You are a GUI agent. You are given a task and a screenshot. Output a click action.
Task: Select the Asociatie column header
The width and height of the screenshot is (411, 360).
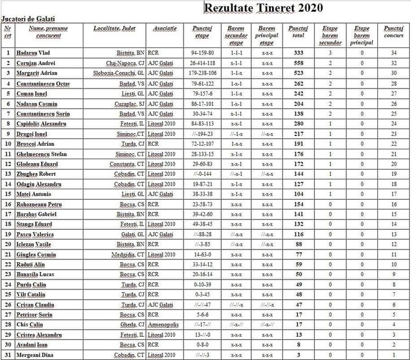pyautogui.click(x=165, y=28)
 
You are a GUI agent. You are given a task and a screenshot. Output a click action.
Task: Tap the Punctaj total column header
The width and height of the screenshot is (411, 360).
pyautogui.click(x=298, y=31)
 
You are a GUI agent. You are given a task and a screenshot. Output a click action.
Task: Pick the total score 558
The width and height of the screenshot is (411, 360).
pyautogui.click(x=298, y=63)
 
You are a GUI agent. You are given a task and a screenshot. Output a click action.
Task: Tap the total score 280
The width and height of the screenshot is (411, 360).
pyautogui.click(x=298, y=123)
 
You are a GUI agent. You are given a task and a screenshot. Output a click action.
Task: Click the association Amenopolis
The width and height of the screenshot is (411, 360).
pyautogui.click(x=165, y=324)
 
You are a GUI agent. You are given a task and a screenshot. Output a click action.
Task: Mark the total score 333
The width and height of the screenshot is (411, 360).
pyautogui.click(x=298, y=53)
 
